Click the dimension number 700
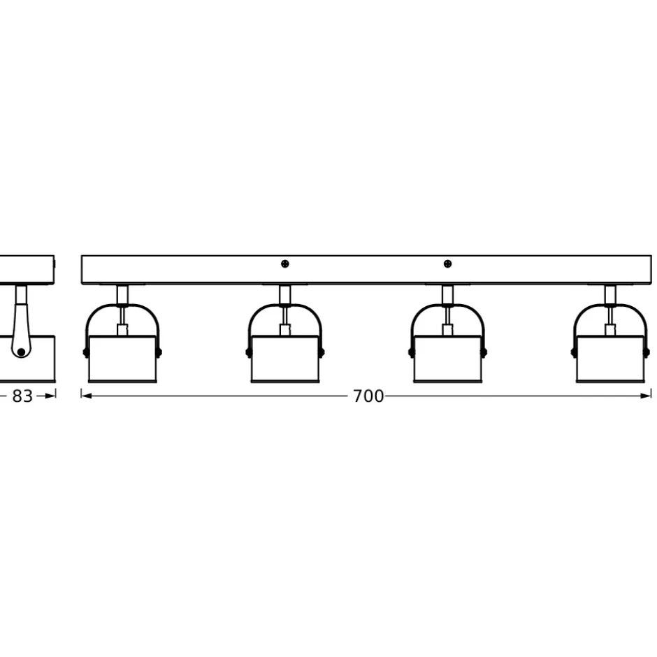[x=368, y=396]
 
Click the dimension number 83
[x=22, y=396]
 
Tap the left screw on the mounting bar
[x=285, y=263]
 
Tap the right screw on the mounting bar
[x=447, y=263]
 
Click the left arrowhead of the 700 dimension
[x=86, y=396]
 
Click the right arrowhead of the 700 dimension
[x=646, y=396]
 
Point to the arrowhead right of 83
[x=50, y=396]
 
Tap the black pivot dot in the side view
[x=21, y=352]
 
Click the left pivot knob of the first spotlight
[x=86, y=352]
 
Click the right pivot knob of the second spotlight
[x=322, y=352]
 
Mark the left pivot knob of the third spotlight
[x=411, y=352]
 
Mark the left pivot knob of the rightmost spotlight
[x=574, y=352]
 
